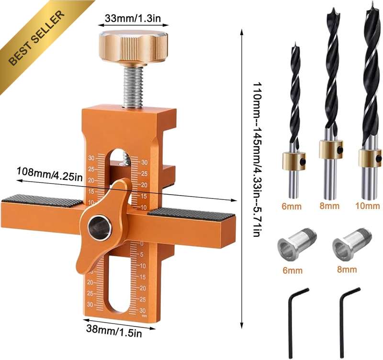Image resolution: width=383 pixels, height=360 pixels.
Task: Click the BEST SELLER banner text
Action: tap(37, 37)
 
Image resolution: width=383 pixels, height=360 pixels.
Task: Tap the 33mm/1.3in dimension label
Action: tap(133, 18)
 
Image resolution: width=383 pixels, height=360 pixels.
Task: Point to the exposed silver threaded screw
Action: tap(132, 87)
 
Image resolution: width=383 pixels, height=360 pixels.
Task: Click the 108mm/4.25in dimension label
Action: tap(50, 174)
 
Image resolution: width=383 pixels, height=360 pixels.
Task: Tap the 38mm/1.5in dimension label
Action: tap(114, 331)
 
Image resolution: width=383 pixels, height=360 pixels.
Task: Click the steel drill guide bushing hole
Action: tap(100, 227)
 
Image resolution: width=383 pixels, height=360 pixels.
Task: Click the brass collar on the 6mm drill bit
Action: tap(294, 161)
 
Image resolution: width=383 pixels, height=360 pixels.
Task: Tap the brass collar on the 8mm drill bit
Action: tap(331, 149)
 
